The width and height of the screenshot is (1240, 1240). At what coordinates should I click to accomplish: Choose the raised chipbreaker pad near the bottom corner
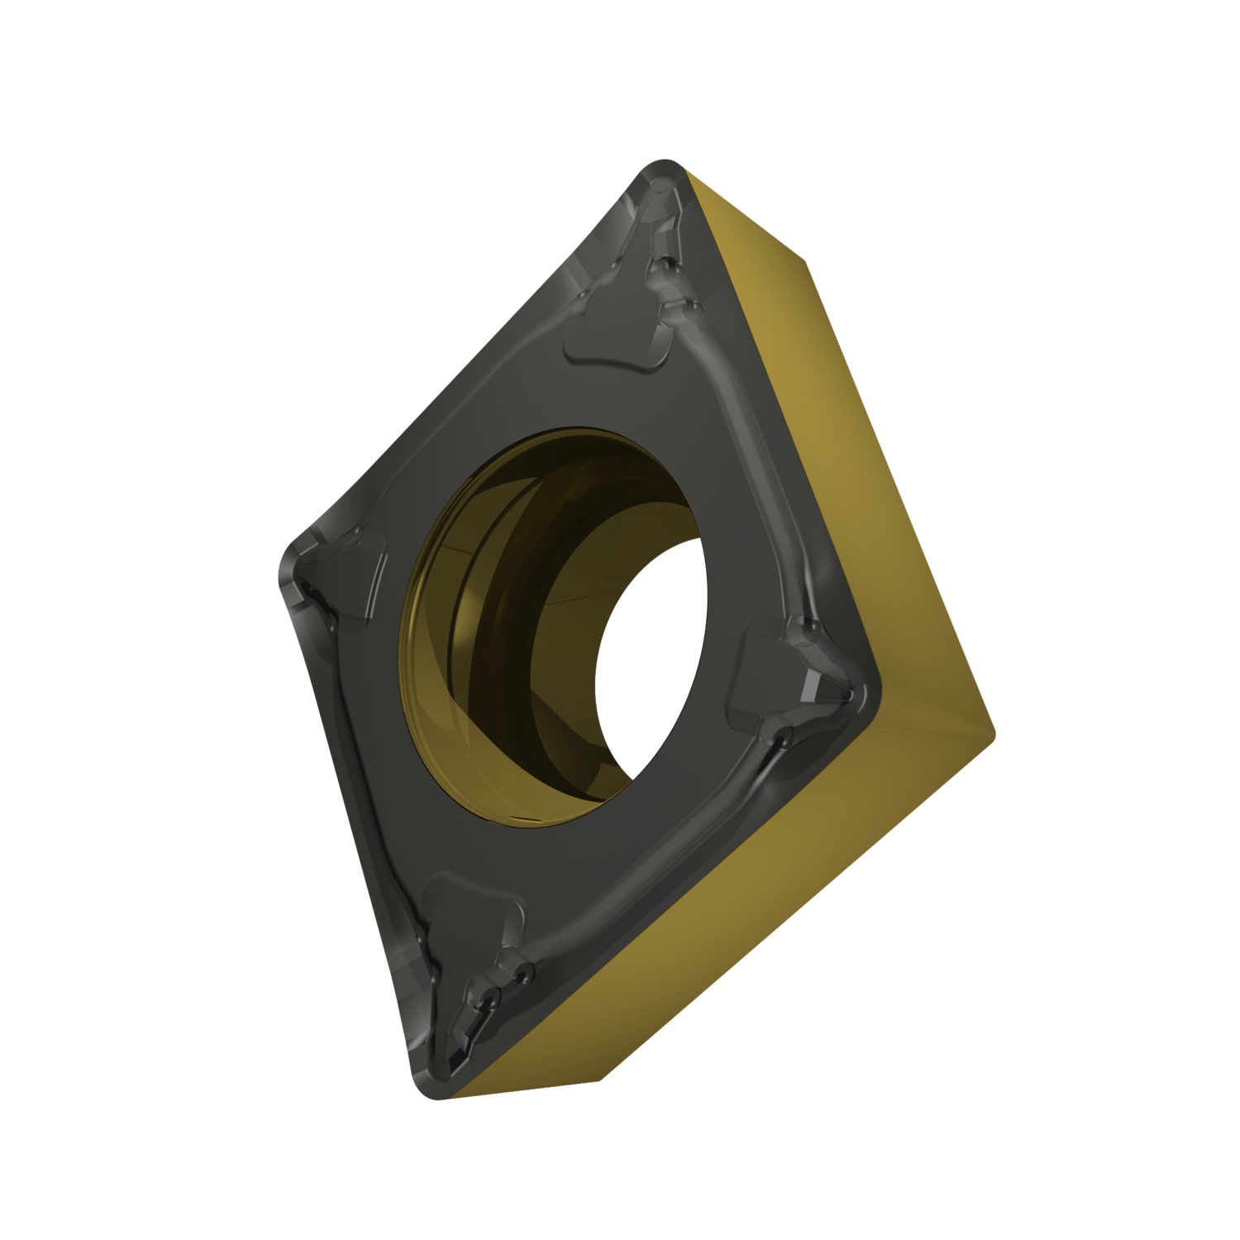click(471, 909)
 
